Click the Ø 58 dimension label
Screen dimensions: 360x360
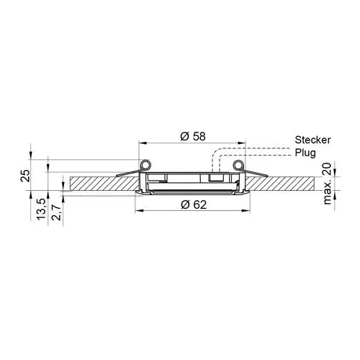pyautogui.click(x=193, y=136)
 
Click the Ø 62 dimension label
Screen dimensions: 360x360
pyautogui.click(x=194, y=204)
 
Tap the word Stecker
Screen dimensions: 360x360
pyautogui.click(x=312, y=140)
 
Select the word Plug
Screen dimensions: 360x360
pyautogui.click(x=305, y=153)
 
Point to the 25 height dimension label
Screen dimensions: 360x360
pyautogui.click(x=25, y=176)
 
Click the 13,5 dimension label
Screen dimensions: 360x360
pyautogui.click(x=41, y=209)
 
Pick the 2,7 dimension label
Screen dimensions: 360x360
pyautogui.click(x=56, y=212)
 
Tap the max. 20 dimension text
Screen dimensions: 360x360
pyautogui.click(x=328, y=184)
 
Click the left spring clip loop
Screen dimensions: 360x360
pyautogui.click(x=145, y=165)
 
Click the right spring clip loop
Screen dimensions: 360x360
pyautogui.click(x=239, y=165)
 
